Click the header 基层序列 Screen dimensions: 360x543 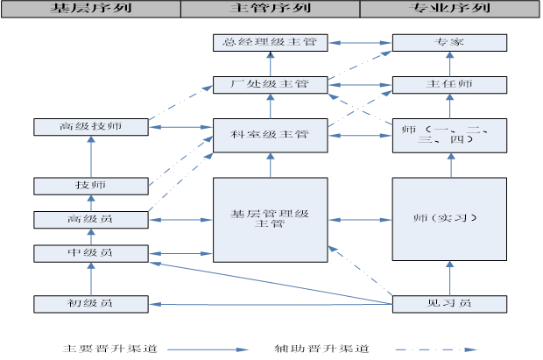coord(90,8)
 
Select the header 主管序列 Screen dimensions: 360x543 coord(270,8)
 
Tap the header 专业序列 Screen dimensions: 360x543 coord(450,8)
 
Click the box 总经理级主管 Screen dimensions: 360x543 coord(270,42)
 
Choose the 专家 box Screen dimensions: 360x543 coord(449,42)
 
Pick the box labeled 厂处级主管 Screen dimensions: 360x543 coord(270,85)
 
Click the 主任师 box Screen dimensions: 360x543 coord(449,85)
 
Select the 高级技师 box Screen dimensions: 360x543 coord(90,127)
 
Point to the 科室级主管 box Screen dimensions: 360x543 coord(270,134)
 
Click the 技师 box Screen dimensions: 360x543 coord(90,186)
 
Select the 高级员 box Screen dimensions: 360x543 coord(90,219)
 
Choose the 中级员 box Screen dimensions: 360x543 coord(90,253)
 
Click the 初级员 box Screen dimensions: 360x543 coord(90,304)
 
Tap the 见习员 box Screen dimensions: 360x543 coord(449,304)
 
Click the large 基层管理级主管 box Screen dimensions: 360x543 coord(270,219)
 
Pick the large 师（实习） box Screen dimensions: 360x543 coord(449,219)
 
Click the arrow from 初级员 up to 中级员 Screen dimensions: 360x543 coord(90,279)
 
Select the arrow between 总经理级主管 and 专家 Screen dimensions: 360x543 coord(359,42)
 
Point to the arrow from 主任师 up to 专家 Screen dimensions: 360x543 coord(449,63)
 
